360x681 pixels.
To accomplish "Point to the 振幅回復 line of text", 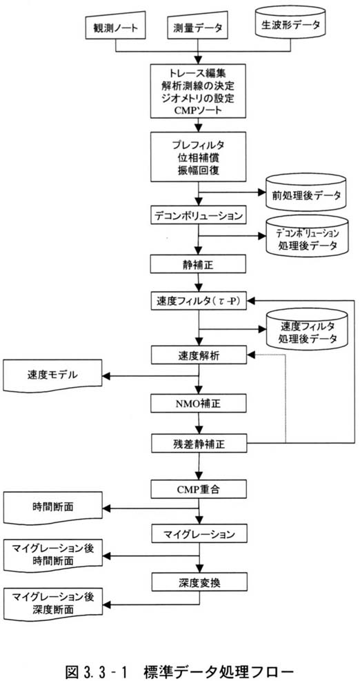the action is click(x=198, y=170).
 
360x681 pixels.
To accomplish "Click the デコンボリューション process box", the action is click(x=198, y=215).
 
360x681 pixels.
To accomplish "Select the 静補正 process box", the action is click(x=198, y=264).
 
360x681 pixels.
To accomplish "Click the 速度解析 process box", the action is click(x=198, y=355).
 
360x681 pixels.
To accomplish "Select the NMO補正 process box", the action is click(x=198, y=404).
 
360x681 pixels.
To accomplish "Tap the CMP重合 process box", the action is click(x=198, y=489).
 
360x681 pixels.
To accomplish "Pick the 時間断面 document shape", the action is click(x=52, y=507).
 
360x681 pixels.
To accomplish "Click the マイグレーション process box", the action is click(x=198, y=534).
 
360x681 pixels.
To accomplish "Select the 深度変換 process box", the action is click(x=198, y=582).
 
